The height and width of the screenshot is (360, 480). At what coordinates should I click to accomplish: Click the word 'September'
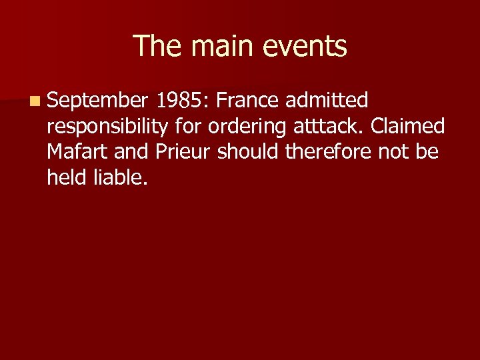click(x=97, y=101)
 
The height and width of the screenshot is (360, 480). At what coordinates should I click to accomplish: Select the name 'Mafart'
click(x=78, y=151)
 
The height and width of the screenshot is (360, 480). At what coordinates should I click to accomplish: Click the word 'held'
click(x=69, y=177)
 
